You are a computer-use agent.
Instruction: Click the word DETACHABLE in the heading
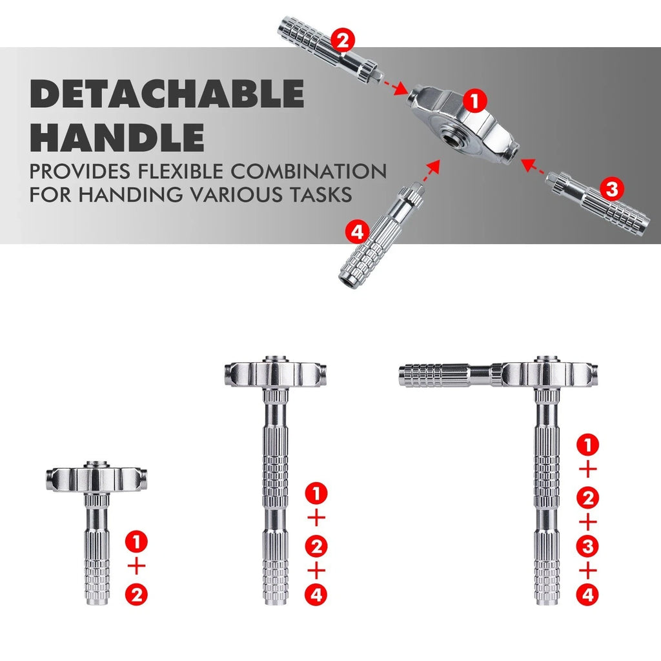[x=167, y=95]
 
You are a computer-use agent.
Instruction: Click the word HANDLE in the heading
[x=117, y=137]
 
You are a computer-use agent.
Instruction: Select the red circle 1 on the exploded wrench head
[x=474, y=100]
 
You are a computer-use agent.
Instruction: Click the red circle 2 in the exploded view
[x=341, y=41]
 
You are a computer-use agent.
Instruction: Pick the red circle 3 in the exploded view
[x=611, y=188]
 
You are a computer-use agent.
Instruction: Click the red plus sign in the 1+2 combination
[x=136, y=566]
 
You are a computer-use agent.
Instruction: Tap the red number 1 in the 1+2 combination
[x=136, y=540]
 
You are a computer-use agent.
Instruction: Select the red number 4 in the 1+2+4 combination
[x=316, y=596]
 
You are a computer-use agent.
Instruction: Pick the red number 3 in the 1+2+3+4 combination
[x=587, y=547]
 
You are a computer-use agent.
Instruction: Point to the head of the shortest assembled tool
[x=97, y=476]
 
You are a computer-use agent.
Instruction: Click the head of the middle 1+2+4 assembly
[x=275, y=373]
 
